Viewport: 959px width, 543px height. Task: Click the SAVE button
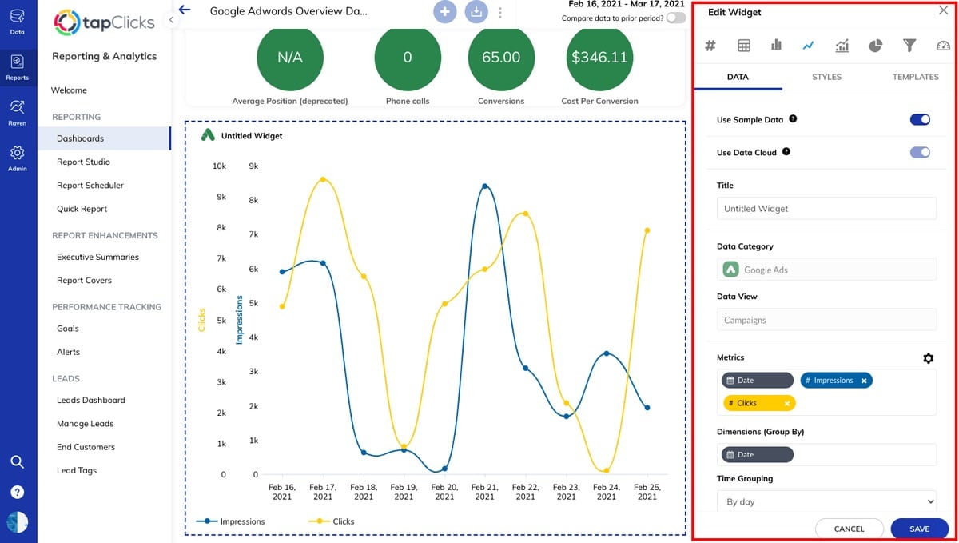click(x=919, y=529)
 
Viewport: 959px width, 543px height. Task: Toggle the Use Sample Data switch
click(x=920, y=119)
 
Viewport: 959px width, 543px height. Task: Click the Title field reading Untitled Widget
click(x=826, y=209)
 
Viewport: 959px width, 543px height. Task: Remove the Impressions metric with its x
click(x=864, y=381)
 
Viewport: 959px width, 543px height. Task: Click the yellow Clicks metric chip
click(x=752, y=403)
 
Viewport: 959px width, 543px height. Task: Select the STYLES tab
click(x=826, y=77)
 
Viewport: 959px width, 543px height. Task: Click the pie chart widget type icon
click(x=875, y=46)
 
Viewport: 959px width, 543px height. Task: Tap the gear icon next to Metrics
click(x=928, y=358)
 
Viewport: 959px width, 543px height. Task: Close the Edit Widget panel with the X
click(x=943, y=11)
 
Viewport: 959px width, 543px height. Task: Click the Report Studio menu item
click(x=83, y=162)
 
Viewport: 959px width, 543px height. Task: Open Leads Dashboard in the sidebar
click(x=90, y=400)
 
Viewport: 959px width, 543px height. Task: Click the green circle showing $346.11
click(x=599, y=58)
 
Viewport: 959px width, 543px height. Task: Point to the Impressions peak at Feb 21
click(x=485, y=186)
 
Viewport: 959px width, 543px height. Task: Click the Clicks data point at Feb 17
click(x=323, y=179)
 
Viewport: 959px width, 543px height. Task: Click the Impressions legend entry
click(x=232, y=521)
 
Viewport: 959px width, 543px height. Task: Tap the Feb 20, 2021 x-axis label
click(x=444, y=491)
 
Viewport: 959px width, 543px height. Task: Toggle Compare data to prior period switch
click(x=675, y=18)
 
